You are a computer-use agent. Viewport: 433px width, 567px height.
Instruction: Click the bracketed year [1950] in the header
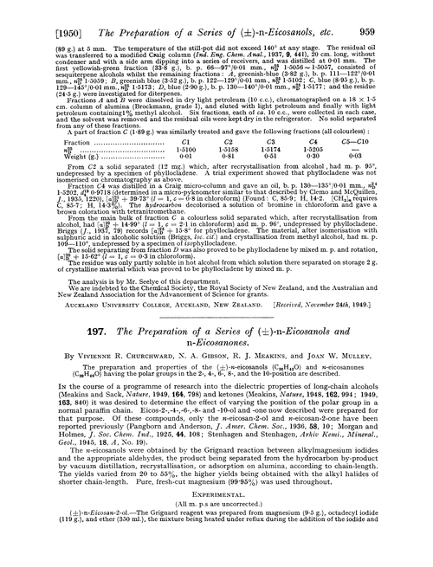32,13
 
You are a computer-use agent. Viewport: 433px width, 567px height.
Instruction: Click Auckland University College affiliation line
123,325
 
